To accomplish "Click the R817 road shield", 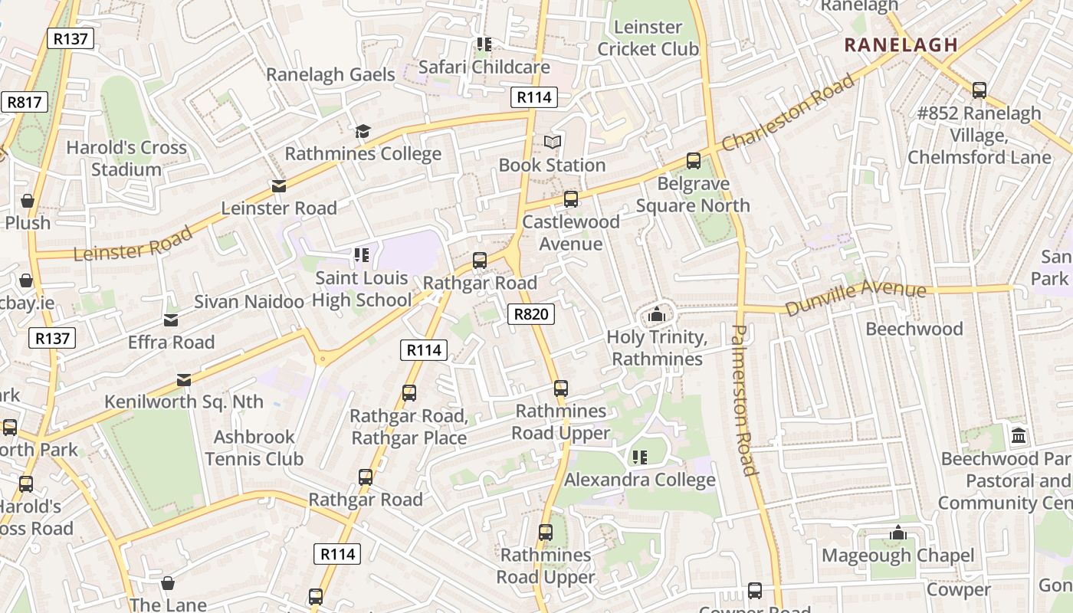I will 24,102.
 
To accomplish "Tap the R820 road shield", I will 530,313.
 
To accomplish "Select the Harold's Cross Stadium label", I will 126,159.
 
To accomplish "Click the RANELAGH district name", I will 901,45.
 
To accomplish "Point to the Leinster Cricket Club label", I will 648,38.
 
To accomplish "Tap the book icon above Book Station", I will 553,142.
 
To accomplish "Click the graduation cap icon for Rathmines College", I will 363,131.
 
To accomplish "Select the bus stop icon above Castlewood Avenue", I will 570,199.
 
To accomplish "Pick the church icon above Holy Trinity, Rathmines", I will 656,314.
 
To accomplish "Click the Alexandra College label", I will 639,480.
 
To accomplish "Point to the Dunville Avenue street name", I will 855,298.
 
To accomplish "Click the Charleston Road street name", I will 787,113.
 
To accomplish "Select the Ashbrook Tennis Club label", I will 254,448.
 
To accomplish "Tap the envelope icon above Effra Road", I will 171,320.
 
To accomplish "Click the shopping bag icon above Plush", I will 28,201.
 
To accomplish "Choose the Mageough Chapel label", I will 897,555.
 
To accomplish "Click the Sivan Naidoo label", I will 249,302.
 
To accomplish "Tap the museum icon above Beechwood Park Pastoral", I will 1019,436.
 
